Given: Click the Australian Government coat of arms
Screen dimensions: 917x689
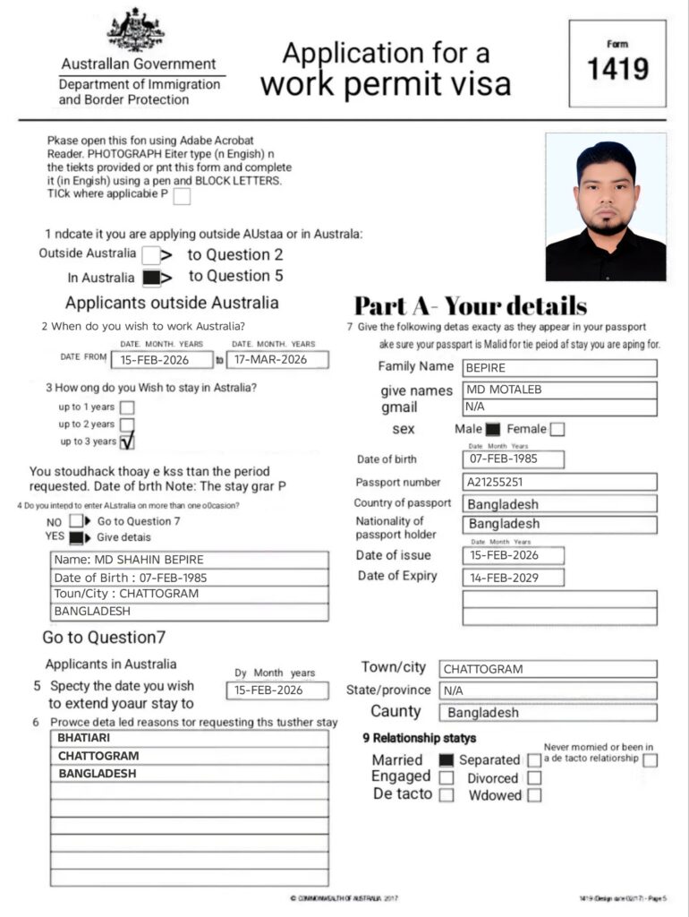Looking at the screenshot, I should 135,30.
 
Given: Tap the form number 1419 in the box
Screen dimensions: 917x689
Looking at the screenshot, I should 617,69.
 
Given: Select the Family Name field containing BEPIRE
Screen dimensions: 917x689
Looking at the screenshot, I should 559,367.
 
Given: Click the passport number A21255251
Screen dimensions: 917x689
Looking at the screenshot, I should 559,482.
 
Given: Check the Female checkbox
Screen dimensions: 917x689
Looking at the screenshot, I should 557,429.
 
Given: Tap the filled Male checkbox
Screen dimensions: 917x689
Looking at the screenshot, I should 492,429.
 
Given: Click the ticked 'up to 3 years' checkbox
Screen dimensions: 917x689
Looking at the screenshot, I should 127,441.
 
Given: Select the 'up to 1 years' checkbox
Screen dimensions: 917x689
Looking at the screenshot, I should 127,407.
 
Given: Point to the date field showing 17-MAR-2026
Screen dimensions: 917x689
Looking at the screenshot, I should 277,359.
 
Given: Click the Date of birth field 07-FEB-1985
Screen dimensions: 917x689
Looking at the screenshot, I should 513,459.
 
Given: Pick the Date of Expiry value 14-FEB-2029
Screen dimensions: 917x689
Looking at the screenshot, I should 513,577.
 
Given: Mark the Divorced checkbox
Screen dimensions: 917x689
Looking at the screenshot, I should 534,778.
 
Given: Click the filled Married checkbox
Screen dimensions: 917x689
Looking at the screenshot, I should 447,760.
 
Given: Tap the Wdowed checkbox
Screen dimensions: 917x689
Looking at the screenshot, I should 534,795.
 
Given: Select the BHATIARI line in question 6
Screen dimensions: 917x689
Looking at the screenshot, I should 188,739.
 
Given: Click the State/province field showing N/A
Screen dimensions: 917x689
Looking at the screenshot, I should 547,690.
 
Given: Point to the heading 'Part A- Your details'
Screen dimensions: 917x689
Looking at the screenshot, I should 471,305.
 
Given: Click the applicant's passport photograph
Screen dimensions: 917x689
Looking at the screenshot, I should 606,207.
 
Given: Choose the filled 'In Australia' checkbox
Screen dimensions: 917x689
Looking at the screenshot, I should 151,277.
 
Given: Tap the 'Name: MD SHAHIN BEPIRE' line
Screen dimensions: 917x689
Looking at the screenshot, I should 188,560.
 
